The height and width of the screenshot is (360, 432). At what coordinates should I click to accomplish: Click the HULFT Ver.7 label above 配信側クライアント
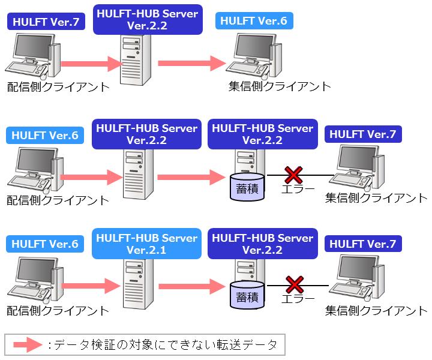point(46,22)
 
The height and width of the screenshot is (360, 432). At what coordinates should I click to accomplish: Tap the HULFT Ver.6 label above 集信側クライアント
point(254,20)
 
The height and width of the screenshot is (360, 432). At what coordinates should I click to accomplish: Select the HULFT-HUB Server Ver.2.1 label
point(146,244)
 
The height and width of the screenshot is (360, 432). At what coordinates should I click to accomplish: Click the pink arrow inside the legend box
point(28,344)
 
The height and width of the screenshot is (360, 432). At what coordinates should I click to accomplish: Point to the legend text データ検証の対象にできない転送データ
point(166,345)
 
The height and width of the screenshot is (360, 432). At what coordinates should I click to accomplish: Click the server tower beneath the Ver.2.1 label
point(138,284)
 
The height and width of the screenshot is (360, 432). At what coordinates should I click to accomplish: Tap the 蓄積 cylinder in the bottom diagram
point(247,295)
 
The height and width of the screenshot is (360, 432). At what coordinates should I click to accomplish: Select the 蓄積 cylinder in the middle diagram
point(247,187)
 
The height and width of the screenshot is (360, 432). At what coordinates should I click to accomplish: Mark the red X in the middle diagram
point(293,175)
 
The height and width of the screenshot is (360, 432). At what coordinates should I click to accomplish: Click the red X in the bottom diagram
point(295,285)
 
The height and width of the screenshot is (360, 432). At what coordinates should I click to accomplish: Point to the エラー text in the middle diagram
point(298,189)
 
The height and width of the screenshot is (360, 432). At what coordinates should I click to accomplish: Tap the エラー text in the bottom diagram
point(298,299)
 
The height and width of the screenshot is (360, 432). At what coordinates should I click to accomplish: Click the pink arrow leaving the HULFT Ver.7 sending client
point(91,64)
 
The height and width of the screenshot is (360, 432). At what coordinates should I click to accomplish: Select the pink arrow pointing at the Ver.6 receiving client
point(192,64)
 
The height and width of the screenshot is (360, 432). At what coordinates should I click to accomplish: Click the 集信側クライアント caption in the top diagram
point(280,86)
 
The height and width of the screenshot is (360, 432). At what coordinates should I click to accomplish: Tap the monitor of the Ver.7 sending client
point(34,47)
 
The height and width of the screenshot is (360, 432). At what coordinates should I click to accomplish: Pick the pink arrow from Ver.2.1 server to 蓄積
point(192,286)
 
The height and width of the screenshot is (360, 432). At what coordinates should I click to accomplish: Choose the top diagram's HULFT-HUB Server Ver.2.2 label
point(148,20)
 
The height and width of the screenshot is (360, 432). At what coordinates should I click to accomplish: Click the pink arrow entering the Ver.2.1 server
point(91,286)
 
